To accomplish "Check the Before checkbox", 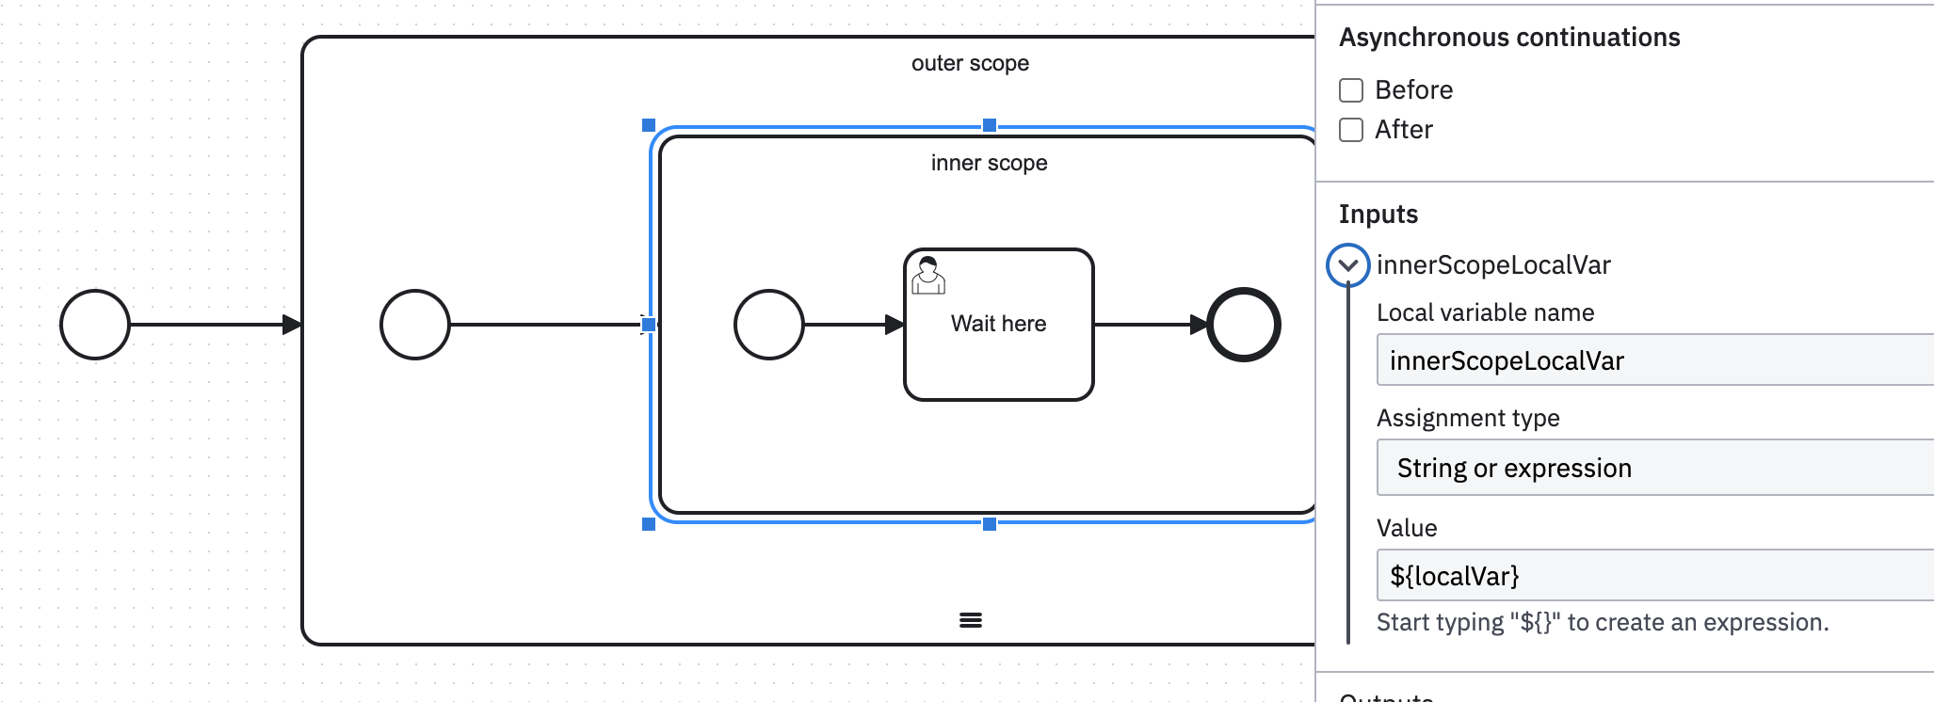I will pos(1351,90).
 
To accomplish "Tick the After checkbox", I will pos(1351,130).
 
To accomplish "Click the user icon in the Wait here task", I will pos(928,275).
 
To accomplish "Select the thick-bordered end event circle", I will pos(1244,325).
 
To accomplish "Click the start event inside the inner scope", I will pos(769,325).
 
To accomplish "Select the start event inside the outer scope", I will pos(415,325).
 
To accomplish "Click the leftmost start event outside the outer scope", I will pos(95,325).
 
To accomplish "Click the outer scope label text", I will pos(970,63).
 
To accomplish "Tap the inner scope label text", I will pos(989,163).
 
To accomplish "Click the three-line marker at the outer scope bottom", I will pos(971,620).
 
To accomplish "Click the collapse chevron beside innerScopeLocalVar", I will pos(1347,265).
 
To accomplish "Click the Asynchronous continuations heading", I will pos(1509,38).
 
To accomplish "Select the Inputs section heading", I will pos(1378,215).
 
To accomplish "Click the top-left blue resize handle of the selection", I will pos(649,125).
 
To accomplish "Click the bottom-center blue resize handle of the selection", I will pos(990,524).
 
